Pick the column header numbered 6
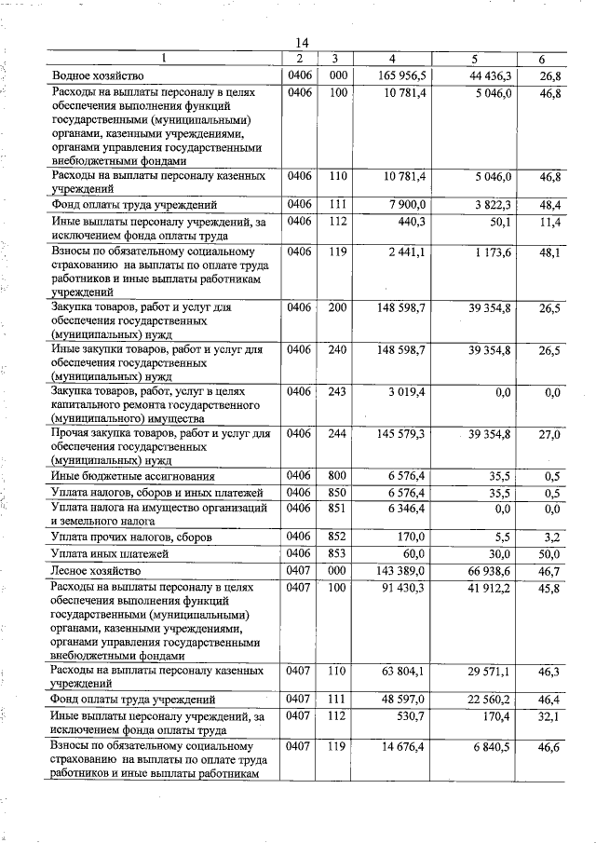[542, 60]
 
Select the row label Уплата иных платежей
[110, 555]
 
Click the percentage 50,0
[549, 555]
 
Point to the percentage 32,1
[549, 716]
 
